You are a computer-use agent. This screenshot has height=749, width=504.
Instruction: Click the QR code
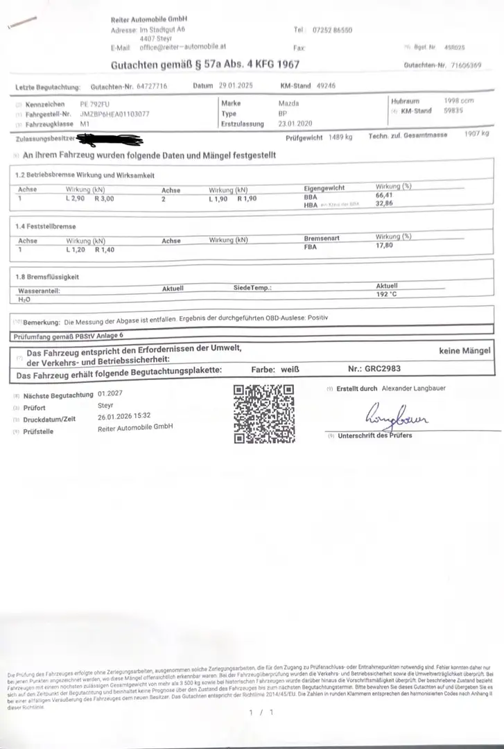[x=263, y=414]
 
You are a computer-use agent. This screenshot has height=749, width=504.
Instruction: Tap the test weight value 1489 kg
[x=341, y=137]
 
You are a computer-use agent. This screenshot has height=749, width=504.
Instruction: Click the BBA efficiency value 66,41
[x=385, y=196]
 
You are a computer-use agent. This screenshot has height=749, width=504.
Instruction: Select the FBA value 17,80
[x=385, y=245]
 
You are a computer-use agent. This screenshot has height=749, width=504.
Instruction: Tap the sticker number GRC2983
[x=385, y=370]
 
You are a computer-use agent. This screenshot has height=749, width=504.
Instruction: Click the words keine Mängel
[x=465, y=351]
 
